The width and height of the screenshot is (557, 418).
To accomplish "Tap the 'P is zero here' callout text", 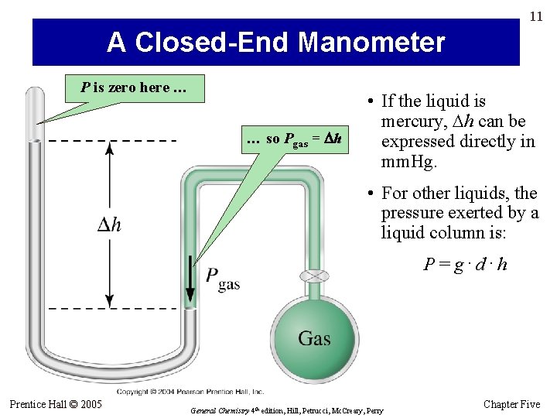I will tap(134, 87).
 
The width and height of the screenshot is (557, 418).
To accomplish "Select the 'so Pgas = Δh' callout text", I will tap(294, 139).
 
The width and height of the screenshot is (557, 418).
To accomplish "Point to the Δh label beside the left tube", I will tap(109, 224).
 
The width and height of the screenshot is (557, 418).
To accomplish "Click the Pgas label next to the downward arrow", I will tap(222, 278).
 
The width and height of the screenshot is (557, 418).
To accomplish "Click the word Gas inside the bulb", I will tap(314, 338).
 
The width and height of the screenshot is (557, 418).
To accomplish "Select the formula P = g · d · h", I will tap(465, 264).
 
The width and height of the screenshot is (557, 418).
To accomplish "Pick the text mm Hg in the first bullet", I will tap(409, 163).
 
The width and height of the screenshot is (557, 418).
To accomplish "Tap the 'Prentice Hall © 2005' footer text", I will tap(56, 404).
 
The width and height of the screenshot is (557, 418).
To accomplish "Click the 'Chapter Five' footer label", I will tap(511, 404).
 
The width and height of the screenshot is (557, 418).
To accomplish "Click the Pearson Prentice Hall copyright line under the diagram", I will tap(190, 392).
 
